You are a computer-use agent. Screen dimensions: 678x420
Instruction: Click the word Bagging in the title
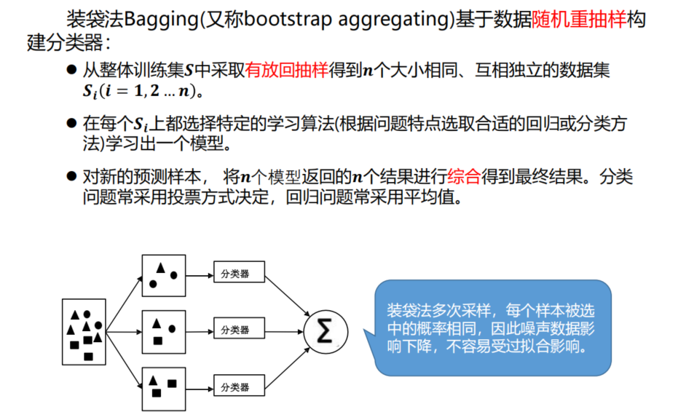[157, 20]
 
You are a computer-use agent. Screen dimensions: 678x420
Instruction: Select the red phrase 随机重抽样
[589, 20]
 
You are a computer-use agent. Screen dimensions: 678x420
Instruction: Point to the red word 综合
[465, 175]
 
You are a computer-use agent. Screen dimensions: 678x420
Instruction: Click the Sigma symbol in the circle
[326, 332]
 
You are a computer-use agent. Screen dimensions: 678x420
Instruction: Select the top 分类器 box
[237, 274]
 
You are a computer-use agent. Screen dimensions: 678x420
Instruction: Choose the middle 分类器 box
[237, 330]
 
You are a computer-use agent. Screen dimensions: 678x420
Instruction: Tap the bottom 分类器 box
[237, 386]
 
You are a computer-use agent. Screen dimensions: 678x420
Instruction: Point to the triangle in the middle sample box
[157, 325]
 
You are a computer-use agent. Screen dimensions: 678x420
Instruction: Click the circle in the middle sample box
[172, 329]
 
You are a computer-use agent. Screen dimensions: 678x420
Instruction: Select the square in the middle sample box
[157, 339]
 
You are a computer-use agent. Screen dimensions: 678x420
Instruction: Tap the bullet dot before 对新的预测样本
[71, 176]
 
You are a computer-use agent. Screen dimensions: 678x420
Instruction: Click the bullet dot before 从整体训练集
[71, 71]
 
